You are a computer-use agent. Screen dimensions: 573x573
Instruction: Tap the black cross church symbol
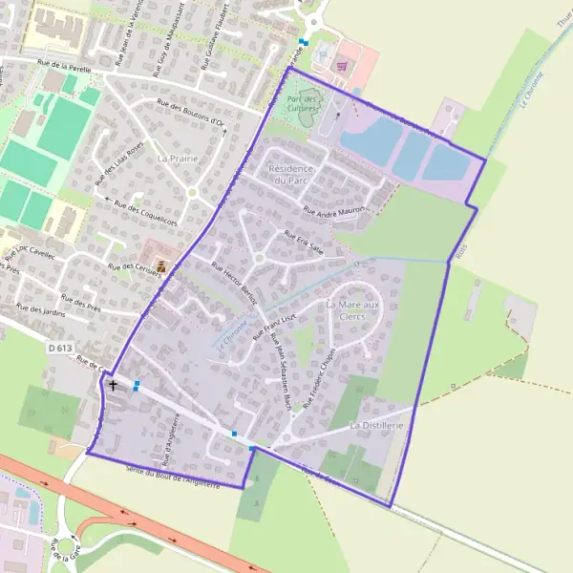[x=115, y=385]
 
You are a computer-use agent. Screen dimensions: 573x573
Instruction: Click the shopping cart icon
[x=343, y=66]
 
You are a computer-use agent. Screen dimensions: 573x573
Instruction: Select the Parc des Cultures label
[x=304, y=102]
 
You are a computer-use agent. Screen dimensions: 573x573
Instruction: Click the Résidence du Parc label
[x=293, y=174]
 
